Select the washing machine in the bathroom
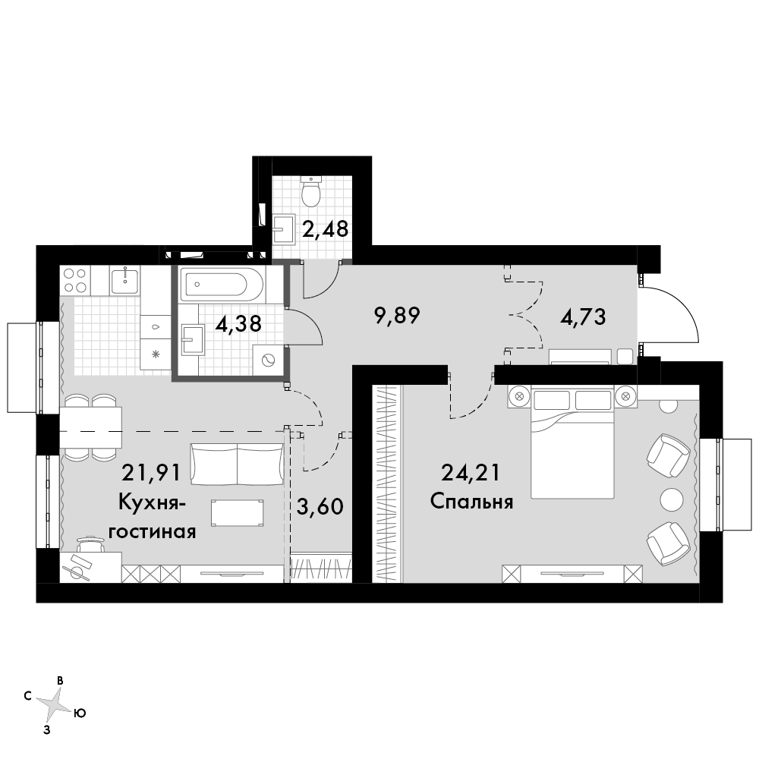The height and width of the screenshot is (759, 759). coord(267,360)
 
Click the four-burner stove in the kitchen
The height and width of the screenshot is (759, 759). coord(75,280)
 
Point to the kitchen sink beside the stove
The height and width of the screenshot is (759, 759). coord(125,280)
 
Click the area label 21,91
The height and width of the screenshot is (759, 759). coord(150,472)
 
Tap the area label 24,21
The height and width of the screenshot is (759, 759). coord(470,472)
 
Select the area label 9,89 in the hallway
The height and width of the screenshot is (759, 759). coord(397,316)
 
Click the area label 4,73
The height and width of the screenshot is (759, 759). coord(583,317)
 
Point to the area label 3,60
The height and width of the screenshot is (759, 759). coord(320,507)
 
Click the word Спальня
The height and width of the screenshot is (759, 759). coord(471,502)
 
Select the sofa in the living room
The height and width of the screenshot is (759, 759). coord(237,464)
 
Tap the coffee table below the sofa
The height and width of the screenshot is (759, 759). coord(238,512)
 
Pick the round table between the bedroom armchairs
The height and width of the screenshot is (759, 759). coord(672,499)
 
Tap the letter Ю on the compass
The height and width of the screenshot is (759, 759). coord(80,713)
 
